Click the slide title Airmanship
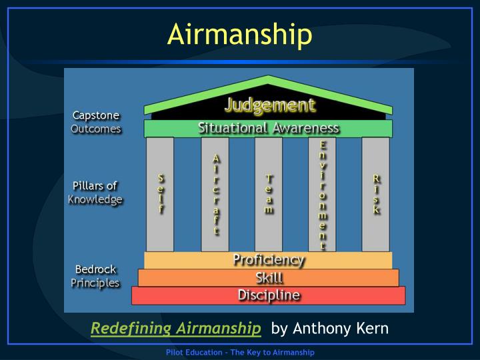click(x=239, y=35)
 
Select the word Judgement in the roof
click(x=269, y=105)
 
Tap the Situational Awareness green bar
click(x=268, y=128)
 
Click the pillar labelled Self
click(x=160, y=194)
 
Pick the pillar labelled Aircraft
click(x=215, y=194)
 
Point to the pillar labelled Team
click(x=269, y=194)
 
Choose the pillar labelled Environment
click(x=323, y=194)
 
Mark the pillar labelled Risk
click(x=376, y=194)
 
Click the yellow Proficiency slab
click(x=268, y=260)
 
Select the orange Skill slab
click(x=269, y=278)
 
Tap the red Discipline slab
click(x=269, y=295)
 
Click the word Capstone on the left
click(x=96, y=116)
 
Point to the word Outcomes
click(x=96, y=129)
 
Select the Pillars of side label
click(x=95, y=186)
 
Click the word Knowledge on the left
click(x=95, y=199)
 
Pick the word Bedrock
click(x=95, y=270)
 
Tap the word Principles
click(x=95, y=283)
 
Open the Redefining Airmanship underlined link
click(x=176, y=328)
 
